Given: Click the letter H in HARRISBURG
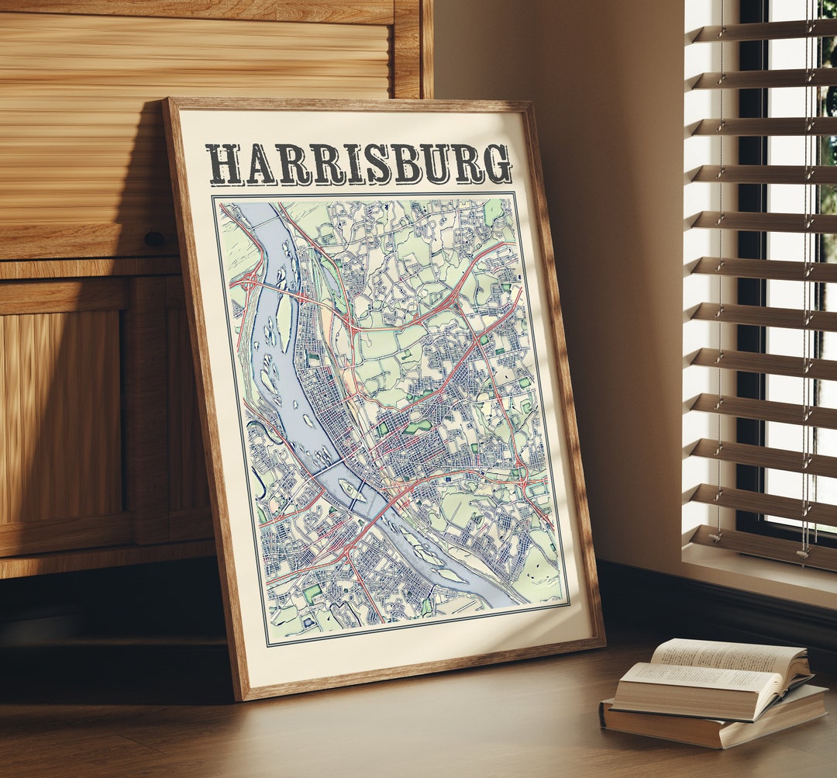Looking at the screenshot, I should pyautogui.click(x=224, y=165).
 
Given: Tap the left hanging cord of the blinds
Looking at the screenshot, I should pyautogui.click(x=720, y=310).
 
